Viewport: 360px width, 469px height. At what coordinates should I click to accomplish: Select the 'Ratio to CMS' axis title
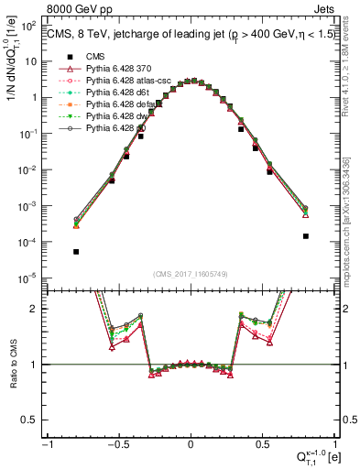(12, 364)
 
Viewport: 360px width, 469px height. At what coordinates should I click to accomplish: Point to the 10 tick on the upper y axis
(32, 61)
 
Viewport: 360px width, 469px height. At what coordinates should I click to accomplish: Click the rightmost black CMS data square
(305, 236)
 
